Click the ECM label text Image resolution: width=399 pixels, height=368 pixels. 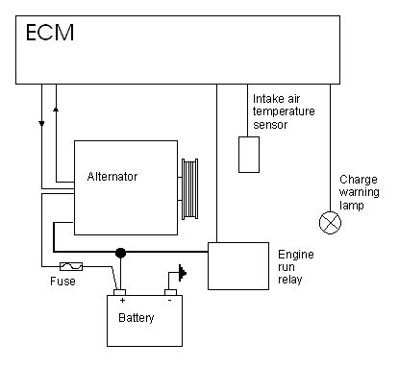click(50, 33)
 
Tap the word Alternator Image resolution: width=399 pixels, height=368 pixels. click(112, 176)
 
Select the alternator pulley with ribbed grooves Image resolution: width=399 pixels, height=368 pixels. click(189, 189)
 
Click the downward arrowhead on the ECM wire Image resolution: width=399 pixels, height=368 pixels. click(41, 123)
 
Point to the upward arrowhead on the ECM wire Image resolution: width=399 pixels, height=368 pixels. click(56, 110)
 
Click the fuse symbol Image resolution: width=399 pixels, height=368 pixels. click(71, 266)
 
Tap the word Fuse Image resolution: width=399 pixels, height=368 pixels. click(62, 282)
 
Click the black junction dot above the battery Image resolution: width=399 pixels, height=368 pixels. click(120, 253)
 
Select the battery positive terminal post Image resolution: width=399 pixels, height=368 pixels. click(120, 292)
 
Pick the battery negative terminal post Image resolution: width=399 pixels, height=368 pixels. click(170, 292)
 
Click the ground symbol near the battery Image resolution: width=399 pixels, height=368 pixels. click(183, 273)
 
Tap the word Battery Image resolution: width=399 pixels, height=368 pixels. click(137, 318)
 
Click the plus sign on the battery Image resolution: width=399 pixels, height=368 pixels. click(122, 300)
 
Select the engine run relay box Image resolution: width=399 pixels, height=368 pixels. click(238, 266)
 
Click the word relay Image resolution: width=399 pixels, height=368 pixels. click(290, 280)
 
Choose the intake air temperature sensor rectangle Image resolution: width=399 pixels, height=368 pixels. click(249, 155)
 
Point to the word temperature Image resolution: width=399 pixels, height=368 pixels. click(284, 111)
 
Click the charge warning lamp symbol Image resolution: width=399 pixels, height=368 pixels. click(331, 223)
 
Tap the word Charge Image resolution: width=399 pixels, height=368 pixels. click(359, 180)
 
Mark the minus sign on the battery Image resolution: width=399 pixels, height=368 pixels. click(169, 300)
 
